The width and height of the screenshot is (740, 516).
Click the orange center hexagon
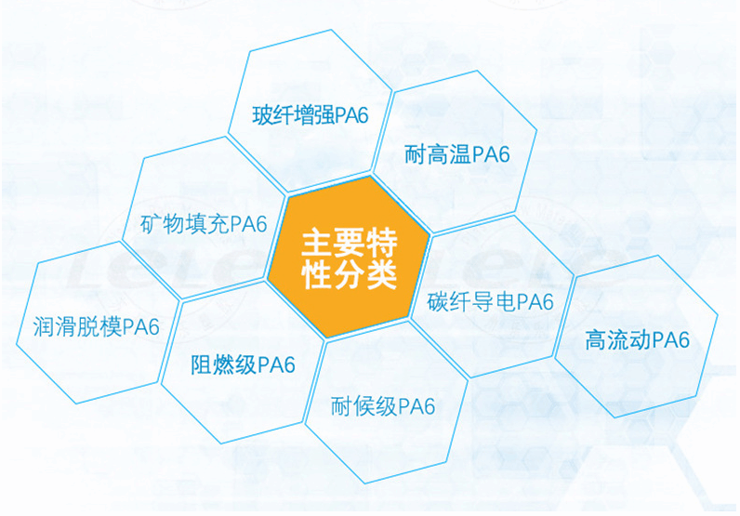(349, 258)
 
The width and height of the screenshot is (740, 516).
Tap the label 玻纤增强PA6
(311, 115)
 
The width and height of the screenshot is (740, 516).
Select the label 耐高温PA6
(457, 154)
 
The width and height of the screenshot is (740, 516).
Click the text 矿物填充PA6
(204, 224)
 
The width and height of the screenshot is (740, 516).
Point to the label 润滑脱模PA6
(97, 326)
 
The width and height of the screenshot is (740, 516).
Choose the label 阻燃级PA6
(243, 365)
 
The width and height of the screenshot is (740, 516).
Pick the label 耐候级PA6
(383, 406)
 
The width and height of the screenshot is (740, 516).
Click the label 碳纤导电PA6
(490, 301)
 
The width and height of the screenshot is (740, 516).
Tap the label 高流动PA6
(637, 340)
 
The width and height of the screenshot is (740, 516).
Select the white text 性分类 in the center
(350, 274)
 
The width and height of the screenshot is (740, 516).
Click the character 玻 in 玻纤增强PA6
(262, 115)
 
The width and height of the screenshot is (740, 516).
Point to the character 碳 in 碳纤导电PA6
(438, 301)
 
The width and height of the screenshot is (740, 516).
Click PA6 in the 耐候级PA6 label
(416, 406)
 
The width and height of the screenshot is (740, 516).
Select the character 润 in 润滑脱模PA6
(43, 326)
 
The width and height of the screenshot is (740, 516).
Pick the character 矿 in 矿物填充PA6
(151, 224)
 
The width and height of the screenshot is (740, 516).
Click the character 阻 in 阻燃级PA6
(201, 365)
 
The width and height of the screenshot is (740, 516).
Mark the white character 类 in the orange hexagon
(382, 274)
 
